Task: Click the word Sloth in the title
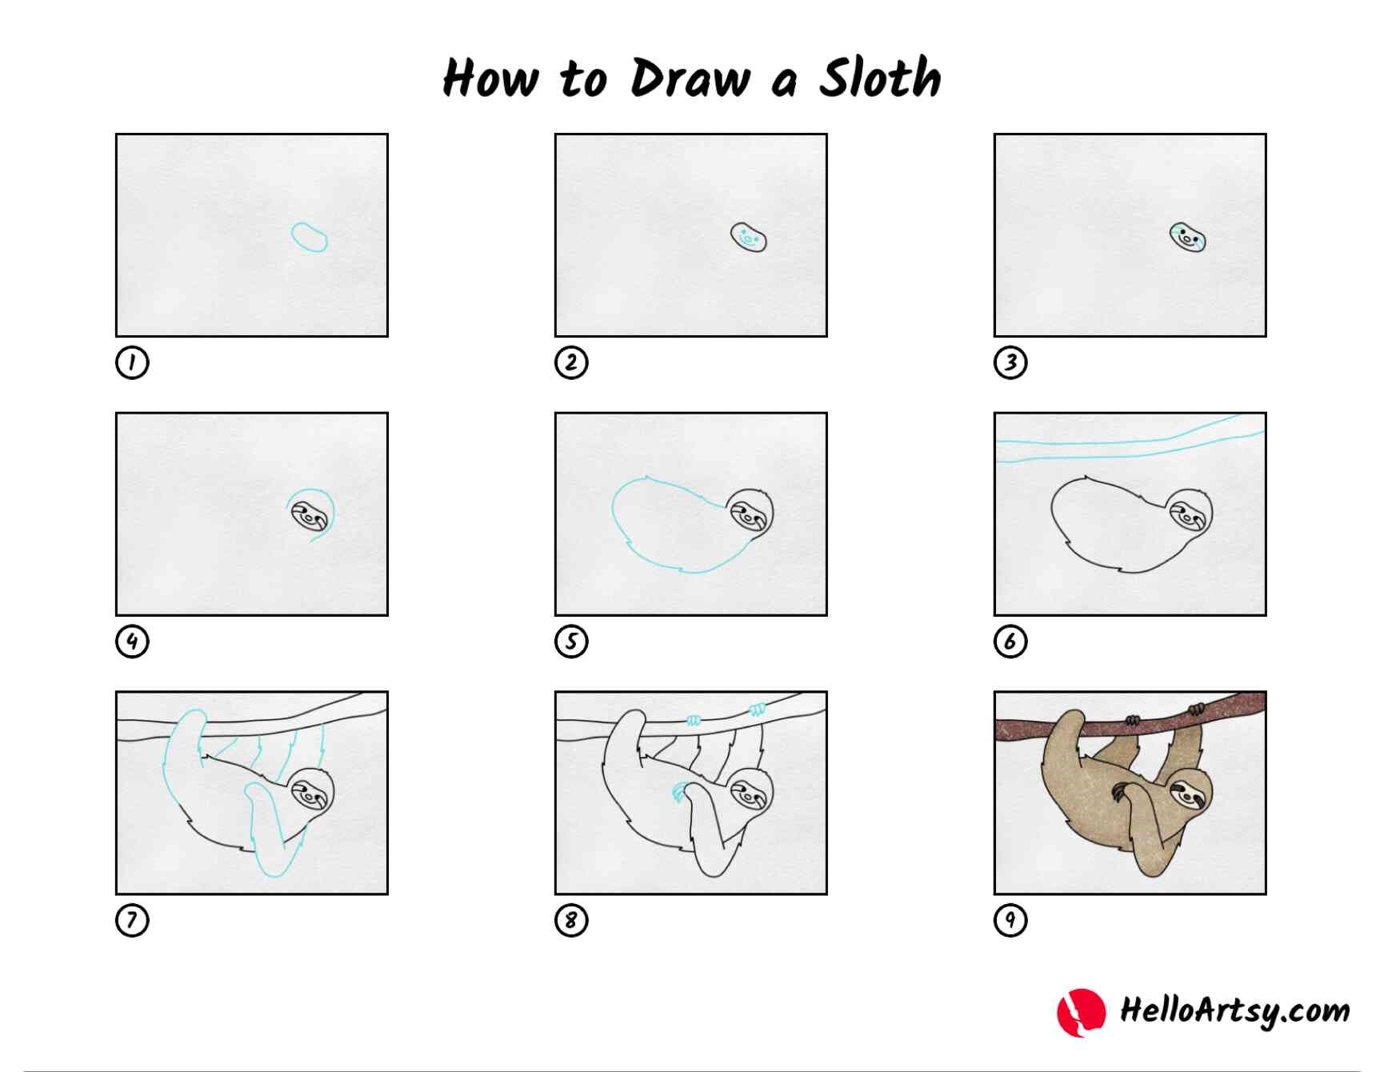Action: (x=879, y=78)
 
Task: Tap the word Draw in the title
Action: (x=690, y=78)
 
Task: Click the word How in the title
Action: (x=490, y=78)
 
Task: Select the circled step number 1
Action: (x=132, y=362)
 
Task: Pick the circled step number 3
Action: (x=1010, y=362)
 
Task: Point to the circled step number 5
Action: (x=571, y=642)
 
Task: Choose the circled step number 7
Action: (x=132, y=920)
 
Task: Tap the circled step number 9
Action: (x=1010, y=920)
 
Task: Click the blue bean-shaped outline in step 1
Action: (x=310, y=238)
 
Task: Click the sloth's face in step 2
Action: (x=748, y=238)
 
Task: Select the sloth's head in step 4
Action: (x=310, y=516)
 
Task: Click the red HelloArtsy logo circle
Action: (x=1081, y=1012)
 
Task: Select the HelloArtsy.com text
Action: (x=1234, y=1011)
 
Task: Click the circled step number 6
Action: (x=1010, y=642)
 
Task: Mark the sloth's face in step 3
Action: (x=1187, y=238)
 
